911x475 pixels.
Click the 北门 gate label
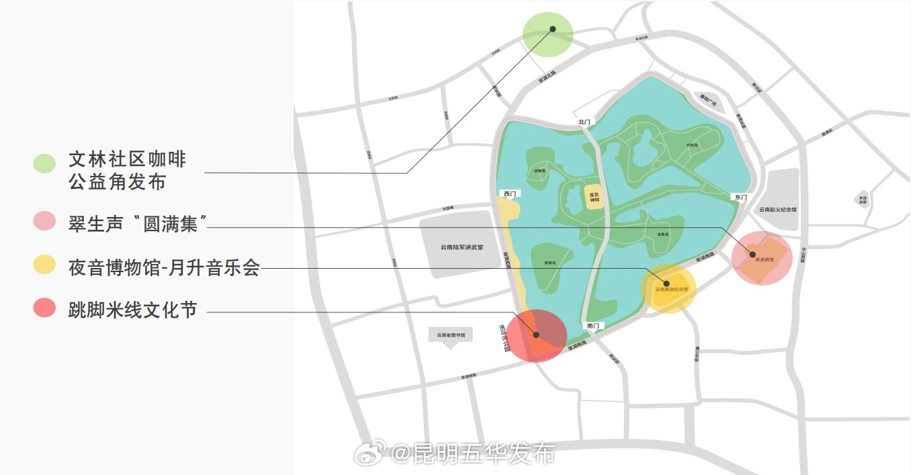584,122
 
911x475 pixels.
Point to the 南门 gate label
592,326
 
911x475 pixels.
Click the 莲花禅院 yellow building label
594,198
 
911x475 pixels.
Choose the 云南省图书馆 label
451,334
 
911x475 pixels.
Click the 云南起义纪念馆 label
777,210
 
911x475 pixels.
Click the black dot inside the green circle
553,29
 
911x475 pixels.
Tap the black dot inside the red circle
536,335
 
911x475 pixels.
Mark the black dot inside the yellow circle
666,284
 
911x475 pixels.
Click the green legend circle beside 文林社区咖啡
44,163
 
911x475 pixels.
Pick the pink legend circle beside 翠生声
44,221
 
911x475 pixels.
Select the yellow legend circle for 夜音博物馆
44,265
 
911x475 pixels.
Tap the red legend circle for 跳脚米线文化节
44,308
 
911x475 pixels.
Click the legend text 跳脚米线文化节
132,310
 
